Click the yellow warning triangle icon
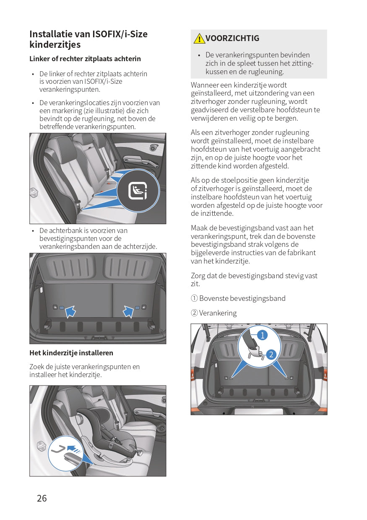[199, 39]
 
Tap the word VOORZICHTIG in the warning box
[232, 38]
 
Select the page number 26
[42, 498]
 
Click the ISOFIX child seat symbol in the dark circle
[138, 191]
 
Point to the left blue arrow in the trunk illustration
[70, 310]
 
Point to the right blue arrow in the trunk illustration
[128, 310]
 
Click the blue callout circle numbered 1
[262, 335]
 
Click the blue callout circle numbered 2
[271, 354]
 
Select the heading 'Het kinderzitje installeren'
[71, 353]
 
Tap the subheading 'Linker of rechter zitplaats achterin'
[85, 59]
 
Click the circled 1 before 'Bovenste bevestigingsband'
[194, 298]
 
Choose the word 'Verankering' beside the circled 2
[218, 313]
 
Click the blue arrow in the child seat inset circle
[74, 449]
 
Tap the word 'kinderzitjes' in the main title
[55, 44]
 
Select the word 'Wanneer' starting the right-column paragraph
[204, 85]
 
